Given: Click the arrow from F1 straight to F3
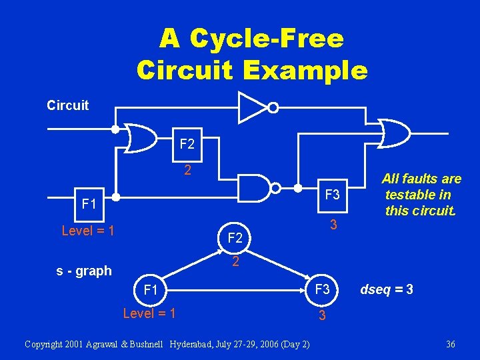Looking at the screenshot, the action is click(x=236, y=290).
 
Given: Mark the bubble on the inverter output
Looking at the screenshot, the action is click(x=273, y=108).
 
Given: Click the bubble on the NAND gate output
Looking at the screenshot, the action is click(x=275, y=188).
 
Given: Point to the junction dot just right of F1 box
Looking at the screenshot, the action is click(x=116, y=197).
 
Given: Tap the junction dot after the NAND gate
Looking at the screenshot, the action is click(x=297, y=188).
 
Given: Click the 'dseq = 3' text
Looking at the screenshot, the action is click(x=387, y=289).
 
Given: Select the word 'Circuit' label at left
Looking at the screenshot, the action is click(x=67, y=105).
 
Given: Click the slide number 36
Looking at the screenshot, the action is click(x=450, y=345).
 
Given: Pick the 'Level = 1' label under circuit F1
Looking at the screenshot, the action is click(x=88, y=231).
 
